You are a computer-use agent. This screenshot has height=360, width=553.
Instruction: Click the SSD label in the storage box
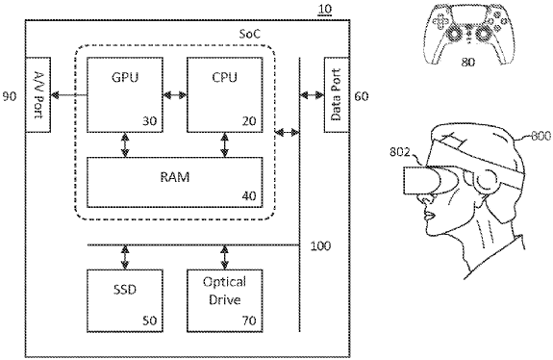pos(124,289)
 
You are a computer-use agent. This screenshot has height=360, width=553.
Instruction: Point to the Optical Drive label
pos(224,289)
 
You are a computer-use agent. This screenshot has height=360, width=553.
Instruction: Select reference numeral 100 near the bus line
pos(320,246)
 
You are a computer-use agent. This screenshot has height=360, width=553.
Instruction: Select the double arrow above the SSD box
pos(124,256)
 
